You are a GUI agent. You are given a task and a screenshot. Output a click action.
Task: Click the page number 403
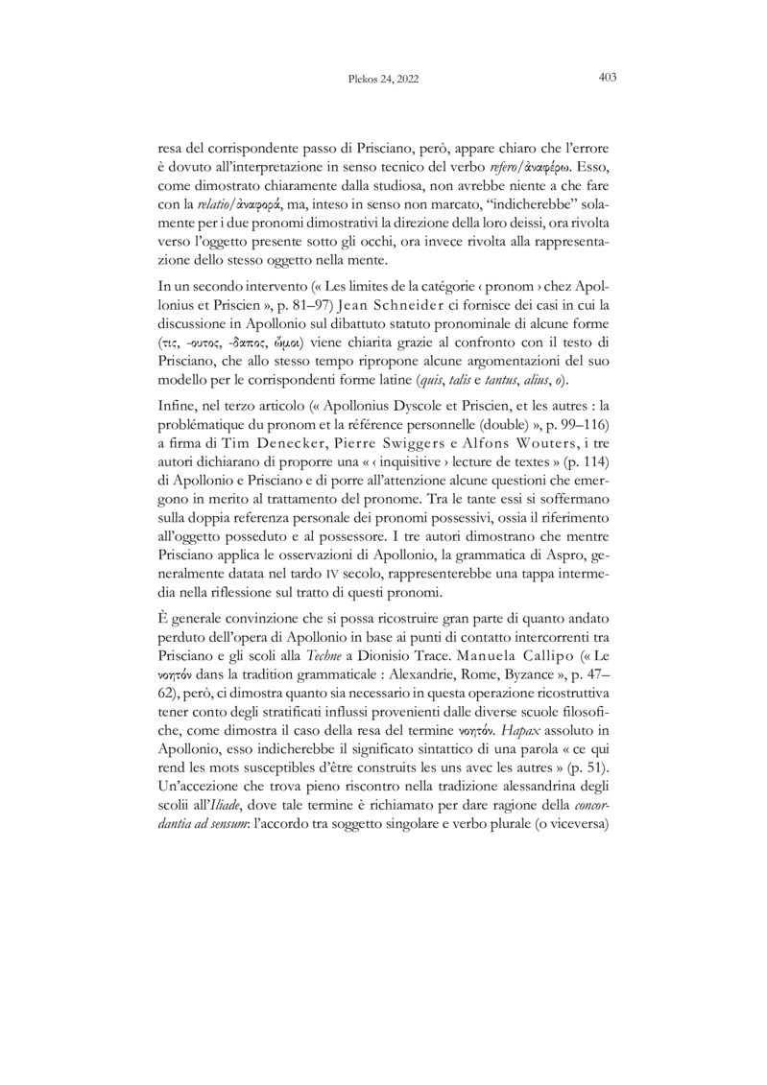click(606, 78)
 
